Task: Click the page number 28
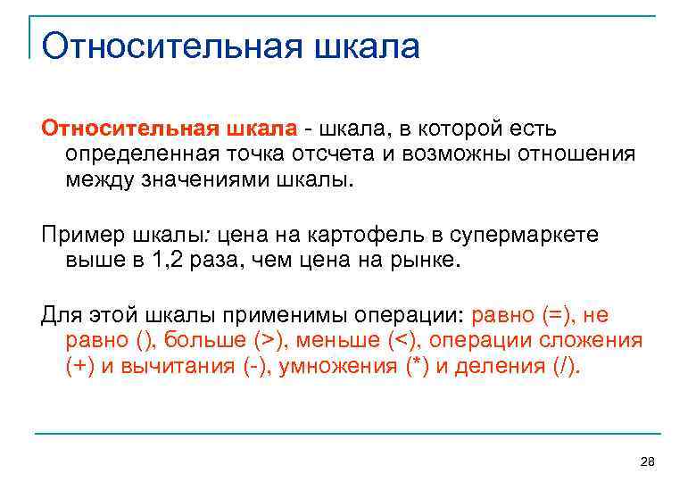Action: (x=648, y=461)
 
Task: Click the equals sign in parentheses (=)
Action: (x=554, y=315)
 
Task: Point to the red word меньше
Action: (x=338, y=341)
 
